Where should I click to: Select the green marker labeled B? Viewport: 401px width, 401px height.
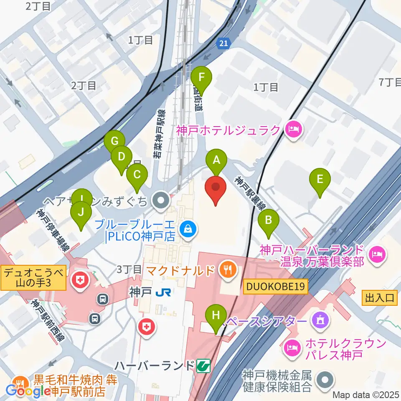click(269, 220)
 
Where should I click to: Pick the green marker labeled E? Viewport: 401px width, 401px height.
click(320, 180)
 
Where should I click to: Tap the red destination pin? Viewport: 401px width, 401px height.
click(216, 188)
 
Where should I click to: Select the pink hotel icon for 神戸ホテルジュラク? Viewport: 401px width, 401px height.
click(293, 130)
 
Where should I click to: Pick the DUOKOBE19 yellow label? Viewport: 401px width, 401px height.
click(276, 287)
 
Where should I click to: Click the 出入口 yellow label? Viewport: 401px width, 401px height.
click(379, 298)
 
